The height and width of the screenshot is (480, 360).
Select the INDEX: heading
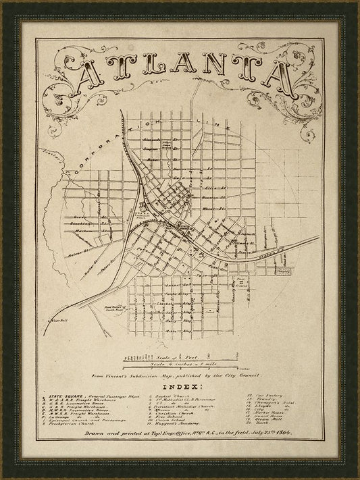pyautogui.click(x=178, y=386)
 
